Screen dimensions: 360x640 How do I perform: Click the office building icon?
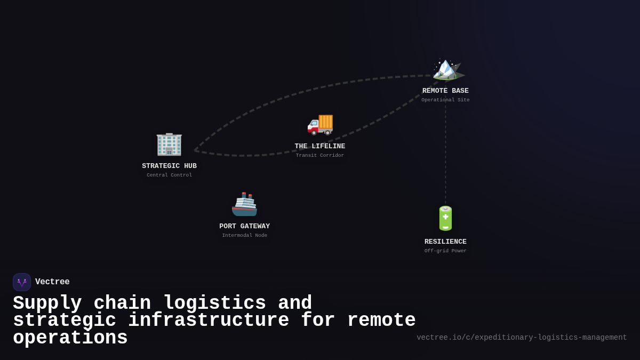point(169,144)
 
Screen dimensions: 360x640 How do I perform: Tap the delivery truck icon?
point(320,124)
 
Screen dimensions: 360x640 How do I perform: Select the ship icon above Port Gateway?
point(244,204)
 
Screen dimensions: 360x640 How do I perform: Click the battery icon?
point(445,218)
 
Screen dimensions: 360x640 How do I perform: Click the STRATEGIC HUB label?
point(169,166)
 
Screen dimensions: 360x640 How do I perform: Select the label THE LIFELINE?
point(319,146)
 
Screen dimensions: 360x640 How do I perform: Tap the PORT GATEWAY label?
point(244,226)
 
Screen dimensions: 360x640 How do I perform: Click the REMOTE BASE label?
point(445,91)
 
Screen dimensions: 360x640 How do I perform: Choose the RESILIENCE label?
point(445,242)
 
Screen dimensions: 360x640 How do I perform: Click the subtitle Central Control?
point(169,175)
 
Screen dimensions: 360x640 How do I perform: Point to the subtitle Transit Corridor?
point(319,155)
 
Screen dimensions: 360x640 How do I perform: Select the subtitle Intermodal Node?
point(244,235)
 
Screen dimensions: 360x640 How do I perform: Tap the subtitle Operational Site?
point(445,100)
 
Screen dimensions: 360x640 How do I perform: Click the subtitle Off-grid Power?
point(445,251)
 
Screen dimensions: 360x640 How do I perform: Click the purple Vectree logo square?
point(22,282)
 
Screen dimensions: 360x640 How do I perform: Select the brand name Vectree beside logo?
point(52,282)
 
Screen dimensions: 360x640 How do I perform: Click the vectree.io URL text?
point(521,338)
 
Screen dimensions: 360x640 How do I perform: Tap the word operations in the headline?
point(70,338)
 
